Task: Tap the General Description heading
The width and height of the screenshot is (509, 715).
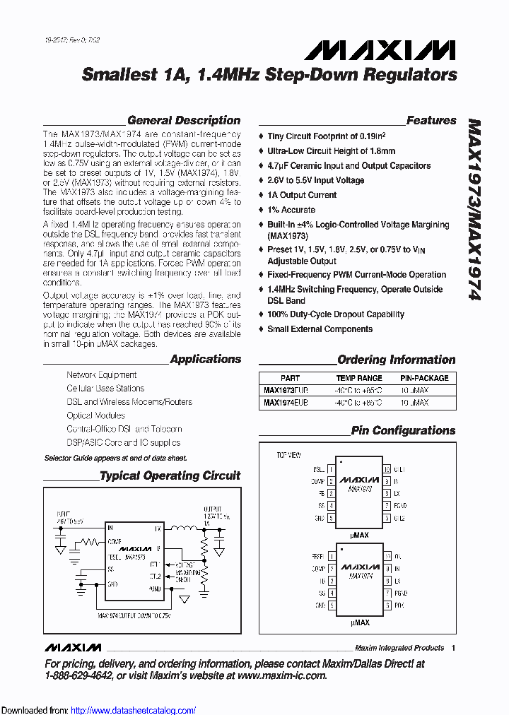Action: (183, 121)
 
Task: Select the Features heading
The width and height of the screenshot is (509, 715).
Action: (431, 121)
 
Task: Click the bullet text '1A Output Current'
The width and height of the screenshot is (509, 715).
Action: (302, 195)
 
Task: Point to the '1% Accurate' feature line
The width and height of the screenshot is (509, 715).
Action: (291, 210)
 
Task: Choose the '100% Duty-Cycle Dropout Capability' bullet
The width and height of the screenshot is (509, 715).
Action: (336, 314)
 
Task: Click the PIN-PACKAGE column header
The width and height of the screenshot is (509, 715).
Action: (424, 378)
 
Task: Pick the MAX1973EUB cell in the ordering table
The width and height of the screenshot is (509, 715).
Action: (286, 389)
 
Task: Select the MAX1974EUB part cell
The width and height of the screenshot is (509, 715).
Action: (286, 402)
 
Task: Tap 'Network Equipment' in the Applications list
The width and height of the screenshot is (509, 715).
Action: (102, 375)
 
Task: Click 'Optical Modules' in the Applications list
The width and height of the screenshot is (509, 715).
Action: (95, 415)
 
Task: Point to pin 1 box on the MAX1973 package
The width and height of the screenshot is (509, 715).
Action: (330, 469)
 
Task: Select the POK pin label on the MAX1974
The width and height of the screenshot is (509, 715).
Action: (399, 605)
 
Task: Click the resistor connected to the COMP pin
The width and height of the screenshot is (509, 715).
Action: (90, 542)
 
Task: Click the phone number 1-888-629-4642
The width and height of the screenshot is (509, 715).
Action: (78, 675)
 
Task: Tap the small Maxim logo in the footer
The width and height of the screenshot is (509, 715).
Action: (73, 648)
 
